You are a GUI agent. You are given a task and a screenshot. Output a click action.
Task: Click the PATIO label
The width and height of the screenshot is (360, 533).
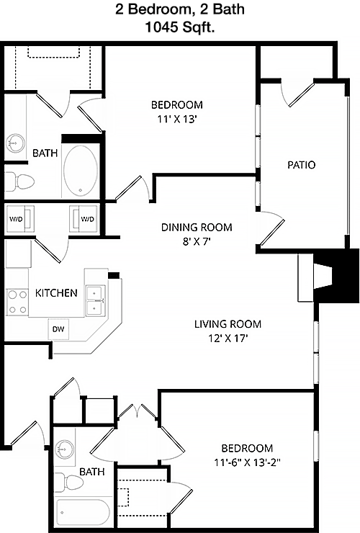pyautogui.click(x=302, y=165)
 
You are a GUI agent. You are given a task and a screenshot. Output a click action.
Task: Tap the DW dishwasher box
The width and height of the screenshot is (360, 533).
pyautogui.click(x=58, y=329)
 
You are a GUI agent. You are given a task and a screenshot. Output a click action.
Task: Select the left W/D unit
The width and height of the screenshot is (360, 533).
pyautogui.click(x=19, y=219)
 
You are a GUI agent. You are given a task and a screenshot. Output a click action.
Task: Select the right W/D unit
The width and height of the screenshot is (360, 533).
pyautogui.click(x=84, y=219)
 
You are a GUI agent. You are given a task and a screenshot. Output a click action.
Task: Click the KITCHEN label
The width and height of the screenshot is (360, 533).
pyautogui.click(x=56, y=292)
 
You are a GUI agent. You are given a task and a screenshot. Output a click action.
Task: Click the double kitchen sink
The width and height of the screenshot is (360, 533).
pyautogui.click(x=95, y=300)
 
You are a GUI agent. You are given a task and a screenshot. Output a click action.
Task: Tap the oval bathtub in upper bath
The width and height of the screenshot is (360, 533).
pyautogui.click(x=81, y=171)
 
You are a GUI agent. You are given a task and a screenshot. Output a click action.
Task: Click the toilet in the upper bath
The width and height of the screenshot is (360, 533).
pyautogui.click(x=19, y=181)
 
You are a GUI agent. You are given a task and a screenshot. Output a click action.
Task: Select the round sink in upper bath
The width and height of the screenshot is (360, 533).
pyautogui.click(x=15, y=143)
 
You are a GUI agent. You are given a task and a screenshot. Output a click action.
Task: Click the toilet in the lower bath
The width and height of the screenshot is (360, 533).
pyautogui.click(x=69, y=483)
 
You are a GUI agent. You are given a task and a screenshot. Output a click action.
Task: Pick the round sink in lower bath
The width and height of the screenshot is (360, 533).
pyautogui.click(x=65, y=449)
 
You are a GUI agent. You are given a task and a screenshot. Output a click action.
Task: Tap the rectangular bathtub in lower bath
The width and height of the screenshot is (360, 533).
pyautogui.click(x=83, y=512)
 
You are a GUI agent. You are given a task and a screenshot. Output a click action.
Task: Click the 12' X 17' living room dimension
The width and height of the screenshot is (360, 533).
pyautogui.click(x=228, y=339)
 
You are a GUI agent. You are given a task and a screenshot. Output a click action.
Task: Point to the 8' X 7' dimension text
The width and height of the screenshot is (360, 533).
pyautogui.click(x=197, y=242)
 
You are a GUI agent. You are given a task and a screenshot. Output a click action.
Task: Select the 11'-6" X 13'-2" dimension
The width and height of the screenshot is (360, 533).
pyautogui.click(x=247, y=462)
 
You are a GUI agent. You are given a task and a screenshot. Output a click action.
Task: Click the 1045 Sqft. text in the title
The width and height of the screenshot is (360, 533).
pyautogui.click(x=180, y=27)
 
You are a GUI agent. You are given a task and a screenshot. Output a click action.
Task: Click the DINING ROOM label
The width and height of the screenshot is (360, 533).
pyautogui.click(x=197, y=227)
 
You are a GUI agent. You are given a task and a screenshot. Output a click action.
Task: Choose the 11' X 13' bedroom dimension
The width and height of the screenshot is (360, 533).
pyautogui.click(x=177, y=120)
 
